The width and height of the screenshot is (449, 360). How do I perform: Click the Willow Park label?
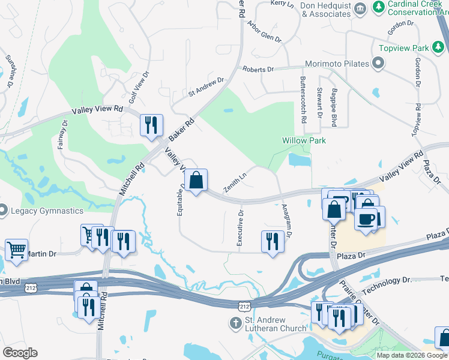[x=304, y=140]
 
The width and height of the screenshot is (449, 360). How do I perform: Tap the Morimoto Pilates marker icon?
[x=378, y=63]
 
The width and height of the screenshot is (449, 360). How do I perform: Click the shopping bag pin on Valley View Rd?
[x=196, y=179]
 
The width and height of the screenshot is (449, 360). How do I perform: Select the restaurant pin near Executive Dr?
[x=273, y=241]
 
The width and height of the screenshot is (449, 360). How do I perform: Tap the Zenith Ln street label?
[x=236, y=181]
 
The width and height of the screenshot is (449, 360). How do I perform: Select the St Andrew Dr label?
[x=206, y=86]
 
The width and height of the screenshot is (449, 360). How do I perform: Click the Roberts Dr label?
[x=258, y=70]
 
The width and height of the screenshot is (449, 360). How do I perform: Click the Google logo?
[x=20, y=353]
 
